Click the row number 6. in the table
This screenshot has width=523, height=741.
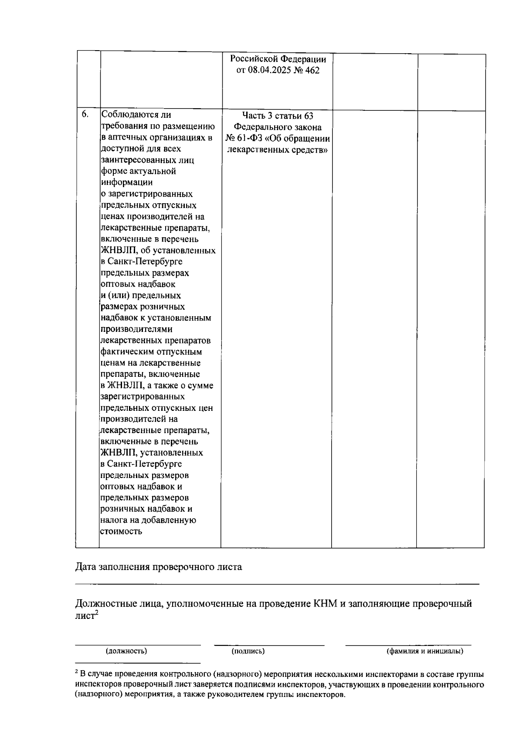pyautogui.click(x=85, y=114)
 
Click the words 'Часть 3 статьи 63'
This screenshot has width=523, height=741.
pyautogui.click(x=278, y=116)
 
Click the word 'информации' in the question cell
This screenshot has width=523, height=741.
pyautogui.click(x=126, y=182)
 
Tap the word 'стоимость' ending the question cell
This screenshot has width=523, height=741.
pyautogui.click(x=121, y=531)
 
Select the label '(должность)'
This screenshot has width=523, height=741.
pyautogui.click(x=126, y=651)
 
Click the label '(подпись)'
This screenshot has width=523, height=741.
pyautogui.click(x=248, y=651)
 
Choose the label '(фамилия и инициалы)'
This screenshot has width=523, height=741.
pyautogui.click(x=425, y=651)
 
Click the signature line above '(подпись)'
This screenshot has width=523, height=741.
pyautogui.click(x=269, y=645)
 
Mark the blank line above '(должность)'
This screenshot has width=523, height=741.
pyautogui.click(x=138, y=645)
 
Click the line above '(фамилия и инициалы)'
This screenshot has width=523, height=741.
pyautogui.click(x=408, y=645)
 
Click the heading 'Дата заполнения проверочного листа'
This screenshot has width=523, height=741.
pyautogui.click(x=159, y=567)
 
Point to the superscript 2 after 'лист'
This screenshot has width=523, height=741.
pyautogui.click(x=96, y=613)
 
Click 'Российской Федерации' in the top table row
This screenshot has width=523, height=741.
pyautogui.click(x=278, y=59)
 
